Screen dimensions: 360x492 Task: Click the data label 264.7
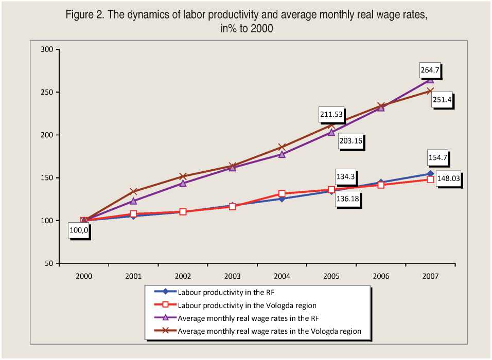(x=430, y=69)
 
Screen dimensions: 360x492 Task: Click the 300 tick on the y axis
(x=47, y=50)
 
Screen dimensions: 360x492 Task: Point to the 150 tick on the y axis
(x=47, y=178)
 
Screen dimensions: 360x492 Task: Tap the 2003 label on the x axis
(x=232, y=276)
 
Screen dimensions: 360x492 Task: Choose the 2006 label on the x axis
(x=381, y=276)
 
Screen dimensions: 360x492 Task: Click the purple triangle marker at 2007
(x=430, y=80)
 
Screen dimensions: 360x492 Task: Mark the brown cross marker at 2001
(x=133, y=191)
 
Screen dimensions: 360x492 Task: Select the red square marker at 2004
(x=282, y=194)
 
